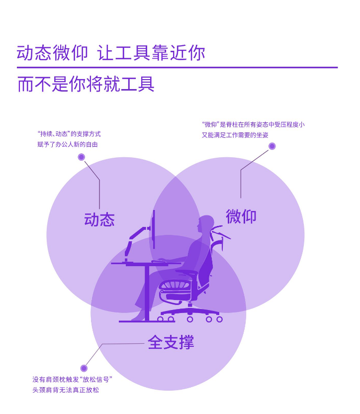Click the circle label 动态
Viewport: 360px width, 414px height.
(x=99, y=219)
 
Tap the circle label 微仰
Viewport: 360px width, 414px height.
(x=241, y=216)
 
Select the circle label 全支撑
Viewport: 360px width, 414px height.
(x=171, y=342)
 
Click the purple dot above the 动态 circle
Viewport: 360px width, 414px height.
(x=82, y=157)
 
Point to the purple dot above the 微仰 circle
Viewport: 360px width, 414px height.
(x=272, y=146)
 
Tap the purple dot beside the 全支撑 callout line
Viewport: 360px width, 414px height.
(x=84, y=368)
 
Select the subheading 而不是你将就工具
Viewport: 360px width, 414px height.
(x=86, y=84)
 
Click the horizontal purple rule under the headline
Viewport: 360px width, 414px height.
(x=177, y=67)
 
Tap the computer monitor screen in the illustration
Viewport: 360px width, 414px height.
(x=154, y=229)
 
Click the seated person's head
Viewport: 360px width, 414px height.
(x=205, y=224)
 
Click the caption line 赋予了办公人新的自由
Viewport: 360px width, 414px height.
(x=68, y=144)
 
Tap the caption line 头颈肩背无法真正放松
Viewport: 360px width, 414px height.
(x=66, y=390)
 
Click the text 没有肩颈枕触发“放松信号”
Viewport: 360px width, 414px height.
(x=73, y=379)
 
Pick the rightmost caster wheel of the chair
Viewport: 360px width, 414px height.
(x=219, y=319)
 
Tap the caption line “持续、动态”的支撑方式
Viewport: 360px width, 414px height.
(x=69, y=134)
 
